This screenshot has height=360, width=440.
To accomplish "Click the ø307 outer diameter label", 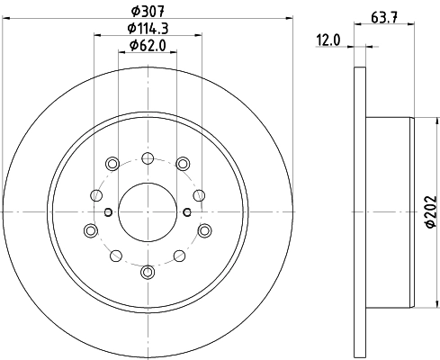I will tap(148, 10).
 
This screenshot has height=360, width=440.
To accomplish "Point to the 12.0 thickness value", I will tap(329, 39).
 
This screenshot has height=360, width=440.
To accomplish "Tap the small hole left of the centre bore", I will tap(107, 212).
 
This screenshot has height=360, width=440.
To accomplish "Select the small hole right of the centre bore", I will tap(186, 212).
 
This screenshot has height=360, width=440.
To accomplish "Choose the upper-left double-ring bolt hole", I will tap(112, 163).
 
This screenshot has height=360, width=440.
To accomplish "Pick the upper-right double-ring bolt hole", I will tap(182, 163).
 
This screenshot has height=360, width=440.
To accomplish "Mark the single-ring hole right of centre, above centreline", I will tap(201, 193).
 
